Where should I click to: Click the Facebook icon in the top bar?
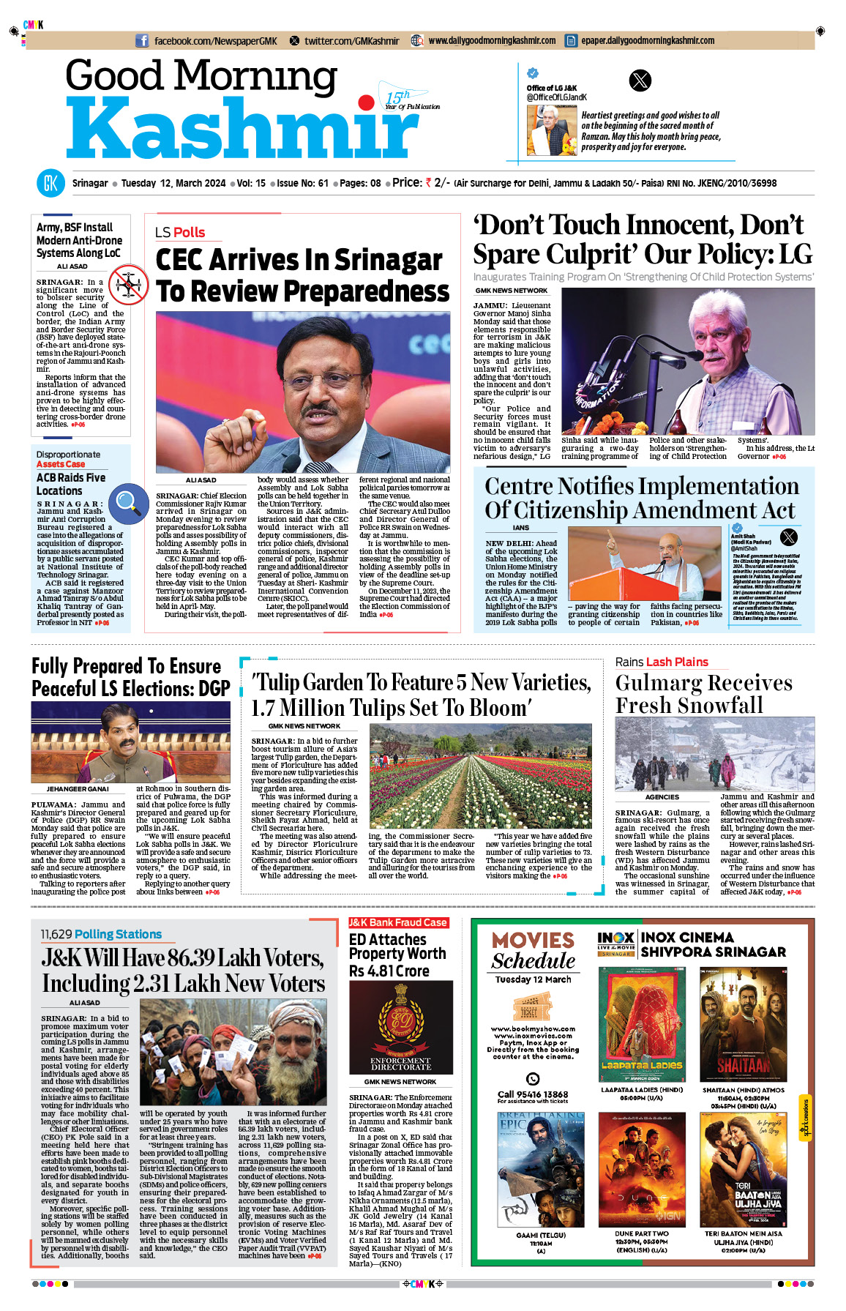(142, 41)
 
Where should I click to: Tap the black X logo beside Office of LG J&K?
(640, 81)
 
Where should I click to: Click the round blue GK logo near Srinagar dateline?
(50, 183)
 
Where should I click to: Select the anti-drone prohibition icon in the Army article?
(128, 284)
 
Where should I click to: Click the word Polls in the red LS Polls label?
(189, 232)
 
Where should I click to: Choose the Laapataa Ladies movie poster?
(642, 1024)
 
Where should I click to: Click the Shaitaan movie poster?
(743, 1024)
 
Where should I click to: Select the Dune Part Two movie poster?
(642, 1169)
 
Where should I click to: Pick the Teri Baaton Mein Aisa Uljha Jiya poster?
(743, 1169)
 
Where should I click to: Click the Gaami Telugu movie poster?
(541, 1169)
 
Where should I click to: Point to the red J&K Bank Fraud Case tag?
(398, 922)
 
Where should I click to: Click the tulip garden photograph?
(480, 776)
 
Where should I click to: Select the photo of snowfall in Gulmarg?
(714, 754)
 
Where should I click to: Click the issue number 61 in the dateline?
(323, 183)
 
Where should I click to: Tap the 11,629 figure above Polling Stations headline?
(56, 934)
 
